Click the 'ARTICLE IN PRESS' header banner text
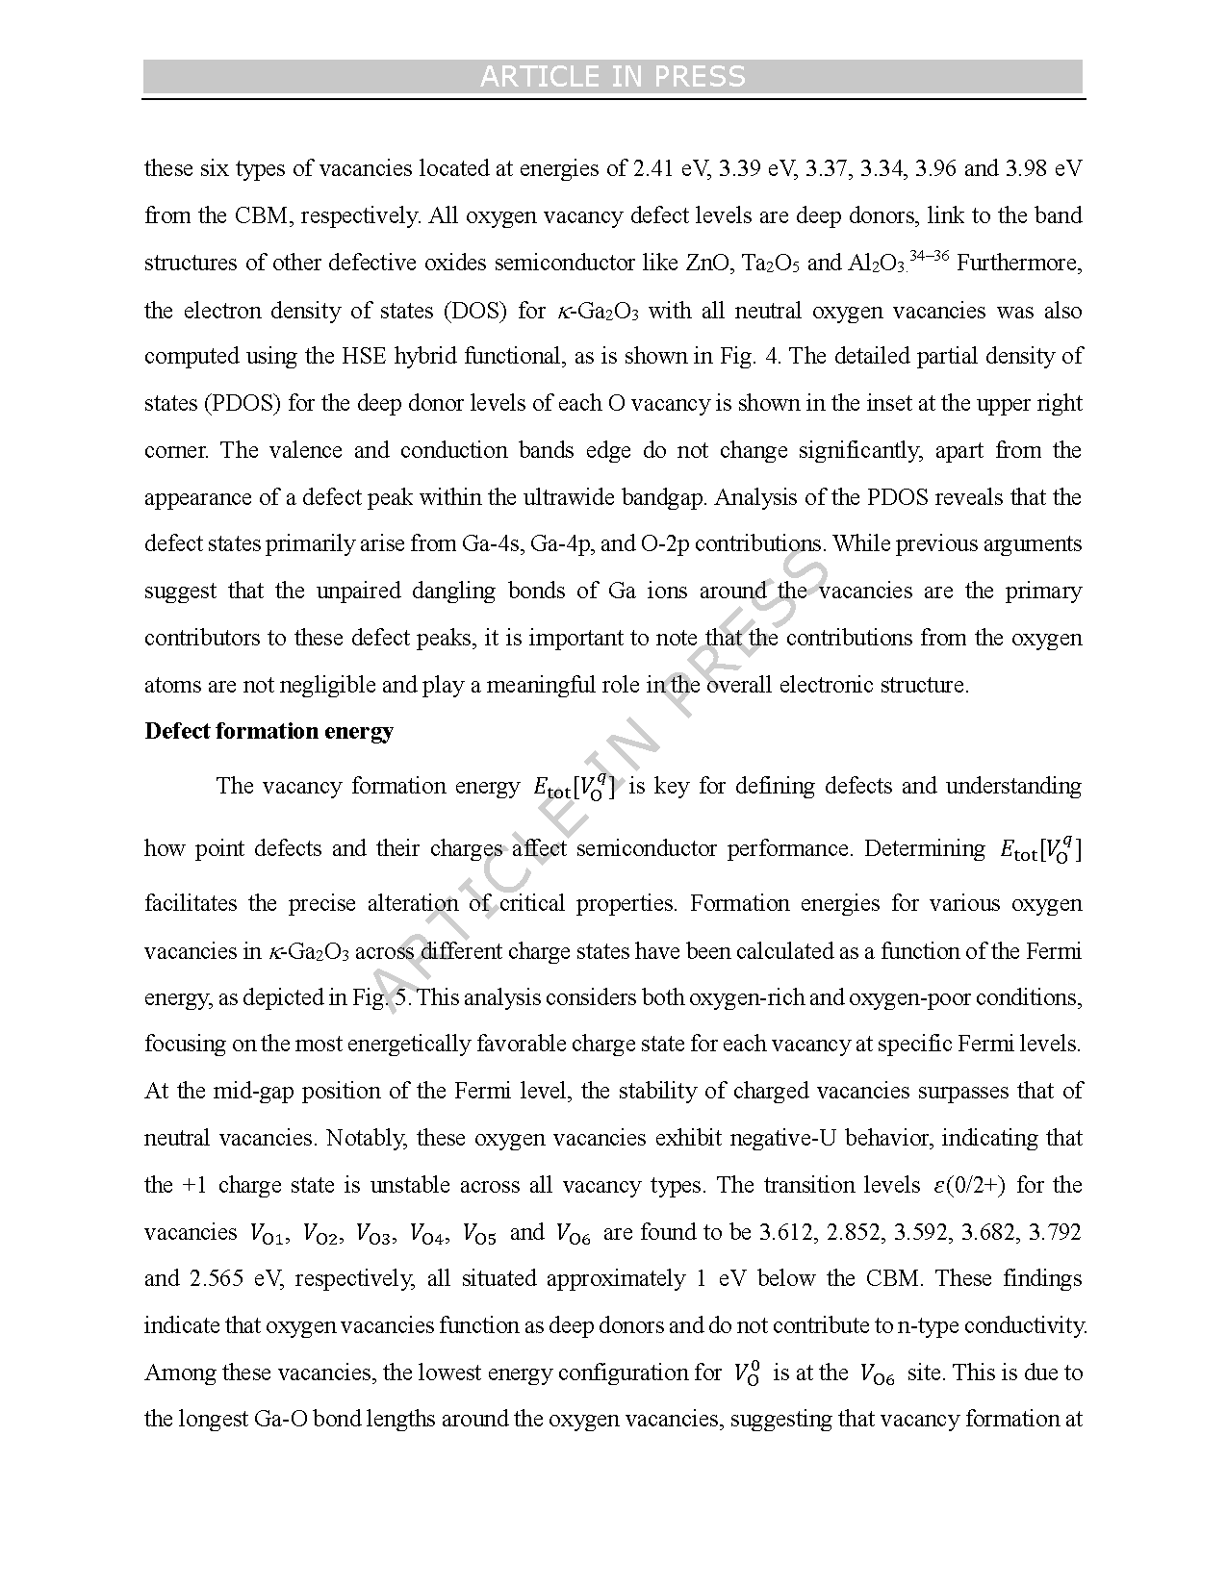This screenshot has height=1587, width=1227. tap(612, 77)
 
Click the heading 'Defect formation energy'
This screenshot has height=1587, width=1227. tap(268, 731)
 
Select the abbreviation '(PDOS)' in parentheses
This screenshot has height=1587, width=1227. tap(241, 403)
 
